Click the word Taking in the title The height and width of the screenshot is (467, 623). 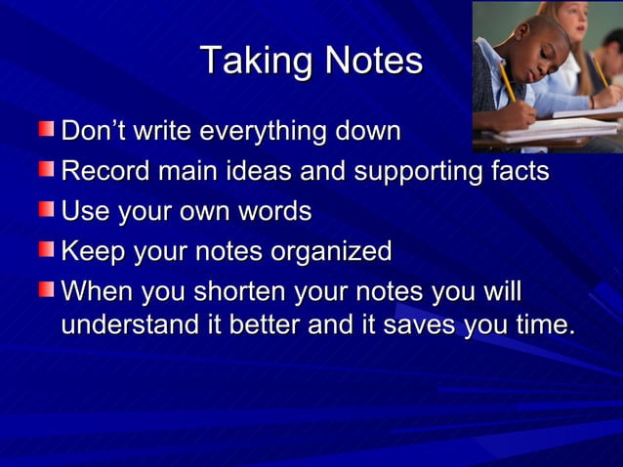click(x=243, y=62)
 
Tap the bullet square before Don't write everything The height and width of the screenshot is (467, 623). click(x=47, y=129)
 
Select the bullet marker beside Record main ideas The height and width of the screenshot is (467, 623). click(x=47, y=170)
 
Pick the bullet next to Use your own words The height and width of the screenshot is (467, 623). click(x=47, y=210)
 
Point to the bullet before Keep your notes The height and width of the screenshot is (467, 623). click(x=47, y=251)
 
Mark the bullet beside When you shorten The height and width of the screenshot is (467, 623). click(x=47, y=291)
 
